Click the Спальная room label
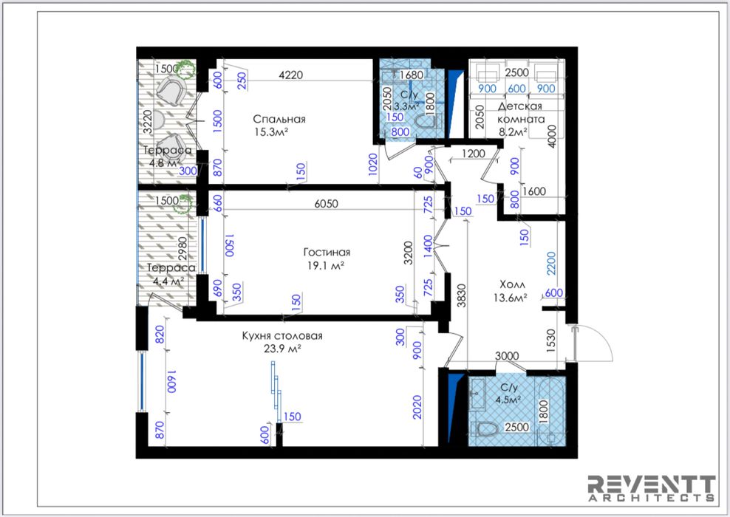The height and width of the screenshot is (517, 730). click(x=279, y=119)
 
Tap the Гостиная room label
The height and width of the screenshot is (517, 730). click(x=327, y=252)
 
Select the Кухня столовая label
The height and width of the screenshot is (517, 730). click(x=282, y=336)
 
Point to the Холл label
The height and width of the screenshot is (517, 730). click(x=512, y=284)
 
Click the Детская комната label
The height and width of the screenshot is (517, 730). click(x=520, y=112)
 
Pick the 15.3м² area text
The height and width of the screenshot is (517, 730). click(x=271, y=131)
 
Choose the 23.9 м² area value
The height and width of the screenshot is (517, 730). click(x=282, y=349)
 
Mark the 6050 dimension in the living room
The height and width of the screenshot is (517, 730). click(x=326, y=204)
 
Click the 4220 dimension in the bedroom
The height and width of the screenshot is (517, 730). click(x=290, y=75)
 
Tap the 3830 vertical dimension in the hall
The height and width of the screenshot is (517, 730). click(x=461, y=295)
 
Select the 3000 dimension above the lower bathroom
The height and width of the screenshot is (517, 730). click(x=507, y=356)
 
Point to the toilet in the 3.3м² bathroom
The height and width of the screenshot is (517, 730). click(x=427, y=123)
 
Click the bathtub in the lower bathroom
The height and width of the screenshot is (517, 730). click(x=550, y=411)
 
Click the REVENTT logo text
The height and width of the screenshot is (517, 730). click(x=652, y=484)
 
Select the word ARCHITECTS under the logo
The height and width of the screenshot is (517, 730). click(x=652, y=498)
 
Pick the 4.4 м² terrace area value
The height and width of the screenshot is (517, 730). click(x=168, y=281)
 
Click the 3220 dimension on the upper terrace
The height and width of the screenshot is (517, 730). click(x=148, y=122)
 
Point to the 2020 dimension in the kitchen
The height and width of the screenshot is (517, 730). click(x=417, y=407)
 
